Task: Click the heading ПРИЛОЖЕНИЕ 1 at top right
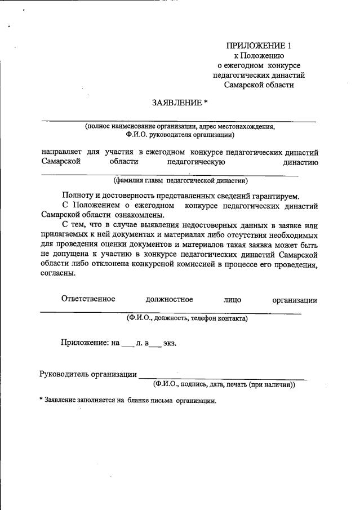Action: pyautogui.click(x=260, y=46)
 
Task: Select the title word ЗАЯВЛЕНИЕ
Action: pyautogui.click(x=176, y=103)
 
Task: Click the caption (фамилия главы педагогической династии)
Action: pyautogui.click(x=180, y=181)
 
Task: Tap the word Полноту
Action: pyautogui.click(x=79, y=196)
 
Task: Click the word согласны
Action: pyautogui.click(x=58, y=274)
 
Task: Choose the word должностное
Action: pyautogui.click(x=169, y=300)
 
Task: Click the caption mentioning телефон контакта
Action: pyautogui.click(x=187, y=318)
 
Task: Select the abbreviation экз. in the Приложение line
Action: pyautogui.click(x=170, y=343)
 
